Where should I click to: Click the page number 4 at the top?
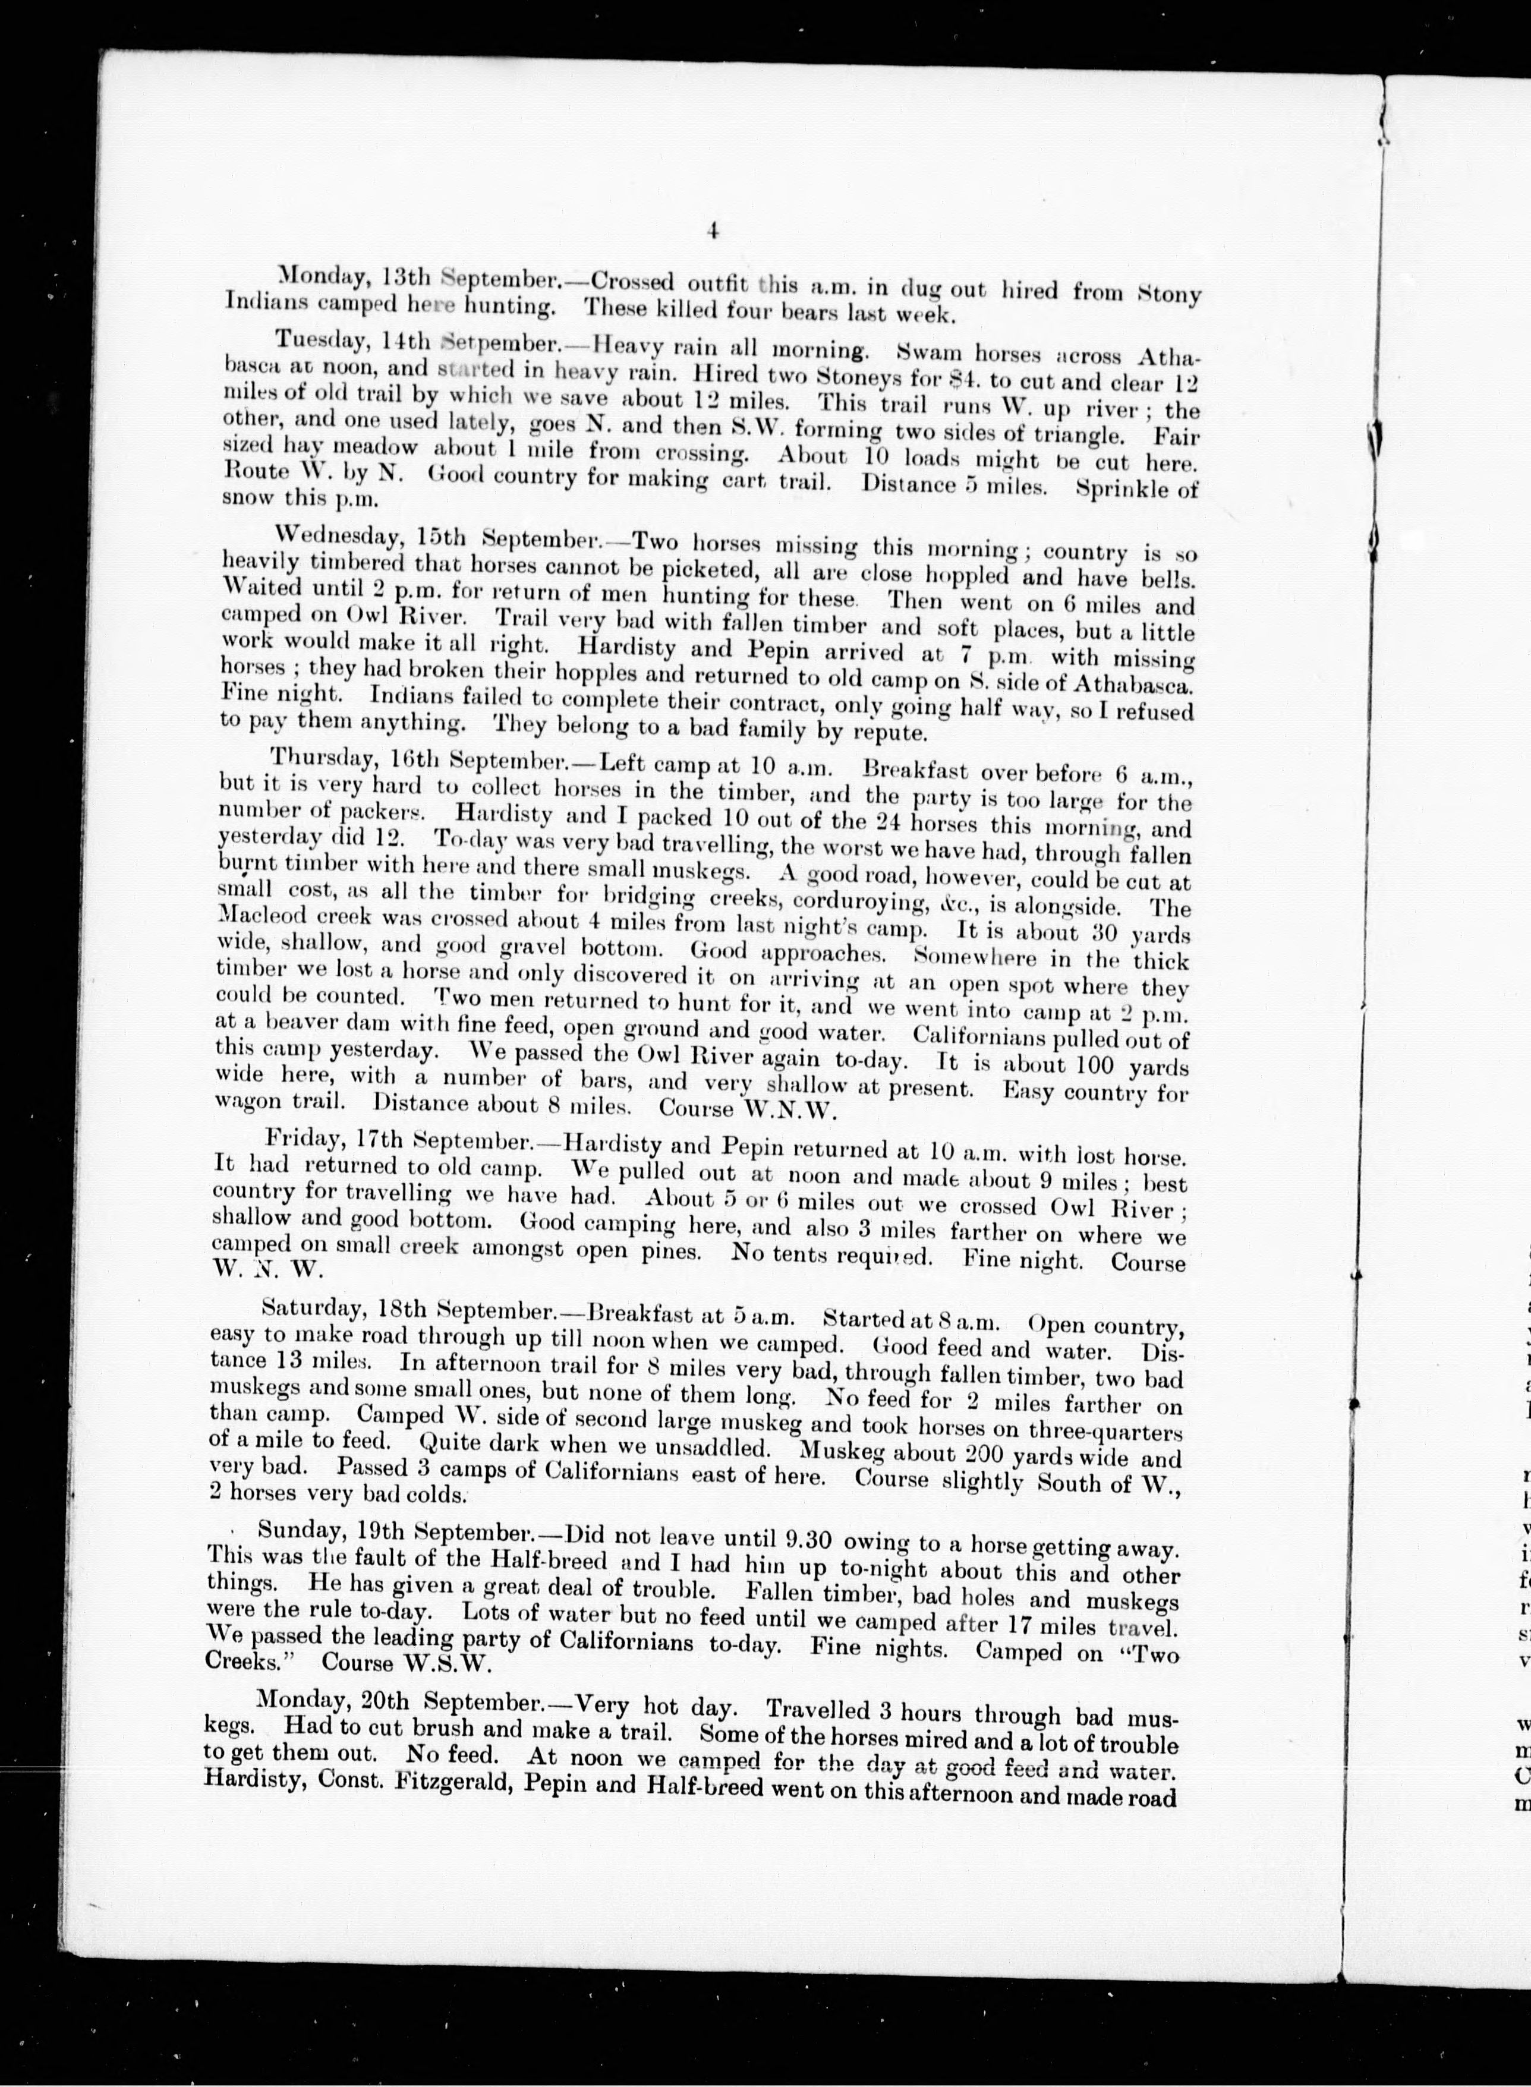[x=713, y=232]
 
